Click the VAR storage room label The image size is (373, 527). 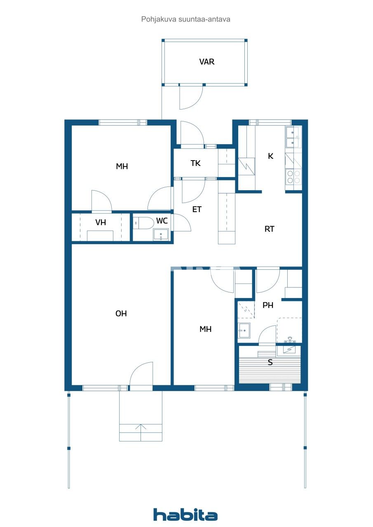tap(206, 62)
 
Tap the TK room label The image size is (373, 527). tap(195, 163)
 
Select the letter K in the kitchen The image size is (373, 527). tap(270, 156)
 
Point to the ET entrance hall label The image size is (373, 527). tap(197, 210)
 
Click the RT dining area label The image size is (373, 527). tap(269, 229)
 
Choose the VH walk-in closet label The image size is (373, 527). tap(101, 223)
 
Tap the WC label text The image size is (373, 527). tap(162, 221)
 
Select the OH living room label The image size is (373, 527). tap(121, 314)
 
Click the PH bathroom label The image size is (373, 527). tap(268, 305)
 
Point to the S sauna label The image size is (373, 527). tap(270, 363)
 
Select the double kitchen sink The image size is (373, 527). tap(293, 137)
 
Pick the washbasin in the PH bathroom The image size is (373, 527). tap(244, 330)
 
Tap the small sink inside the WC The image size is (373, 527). tap(160, 235)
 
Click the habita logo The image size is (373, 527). tap(185, 515)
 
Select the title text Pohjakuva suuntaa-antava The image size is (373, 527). tap(185, 19)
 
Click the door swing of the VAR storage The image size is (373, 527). tap(191, 98)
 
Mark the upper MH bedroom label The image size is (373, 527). tap(122, 166)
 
